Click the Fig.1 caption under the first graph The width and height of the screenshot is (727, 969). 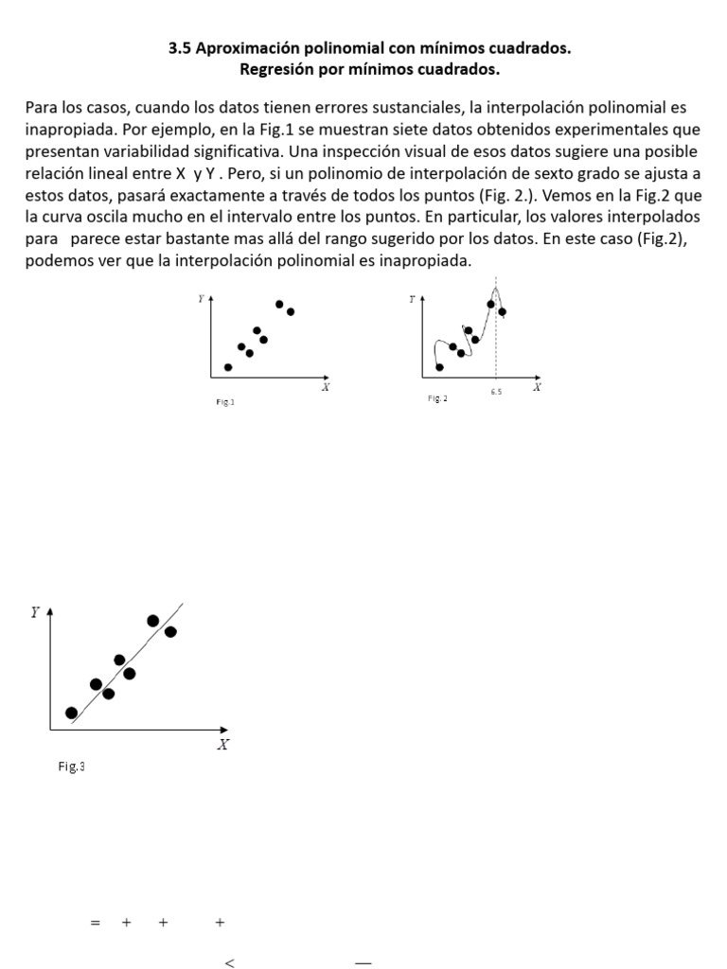click(x=225, y=402)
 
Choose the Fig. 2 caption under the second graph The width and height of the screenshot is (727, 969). click(x=437, y=398)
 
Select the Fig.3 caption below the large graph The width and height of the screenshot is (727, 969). click(x=71, y=766)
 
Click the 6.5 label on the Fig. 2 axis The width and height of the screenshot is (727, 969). click(x=496, y=391)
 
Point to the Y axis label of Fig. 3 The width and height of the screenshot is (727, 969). click(x=35, y=612)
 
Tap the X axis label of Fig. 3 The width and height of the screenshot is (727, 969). click(x=222, y=745)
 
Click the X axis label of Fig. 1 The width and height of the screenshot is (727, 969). click(x=325, y=387)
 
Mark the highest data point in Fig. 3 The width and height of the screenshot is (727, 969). click(x=153, y=621)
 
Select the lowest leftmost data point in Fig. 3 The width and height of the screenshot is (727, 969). click(x=71, y=713)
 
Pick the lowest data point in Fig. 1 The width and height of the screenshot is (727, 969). click(x=228, y=367)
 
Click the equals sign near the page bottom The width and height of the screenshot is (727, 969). click(x=95, y=923)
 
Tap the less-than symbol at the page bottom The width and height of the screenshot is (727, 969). click(x=229, y=963)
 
